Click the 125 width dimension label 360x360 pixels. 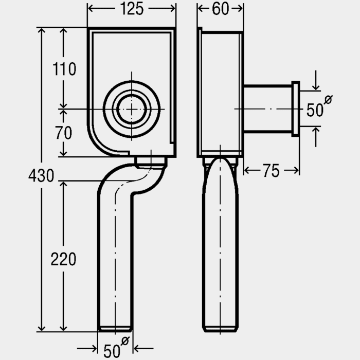point(132,9)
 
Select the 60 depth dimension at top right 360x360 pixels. point(221,9)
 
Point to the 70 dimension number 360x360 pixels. point(64,133)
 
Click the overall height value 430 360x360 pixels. point(41,176)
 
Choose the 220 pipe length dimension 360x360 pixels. point(64,259)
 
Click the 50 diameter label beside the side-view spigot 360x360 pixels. point(315,110)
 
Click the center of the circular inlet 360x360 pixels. point(132,109)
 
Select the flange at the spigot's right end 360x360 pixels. point(296,109)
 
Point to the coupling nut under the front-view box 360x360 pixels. point(151,162)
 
